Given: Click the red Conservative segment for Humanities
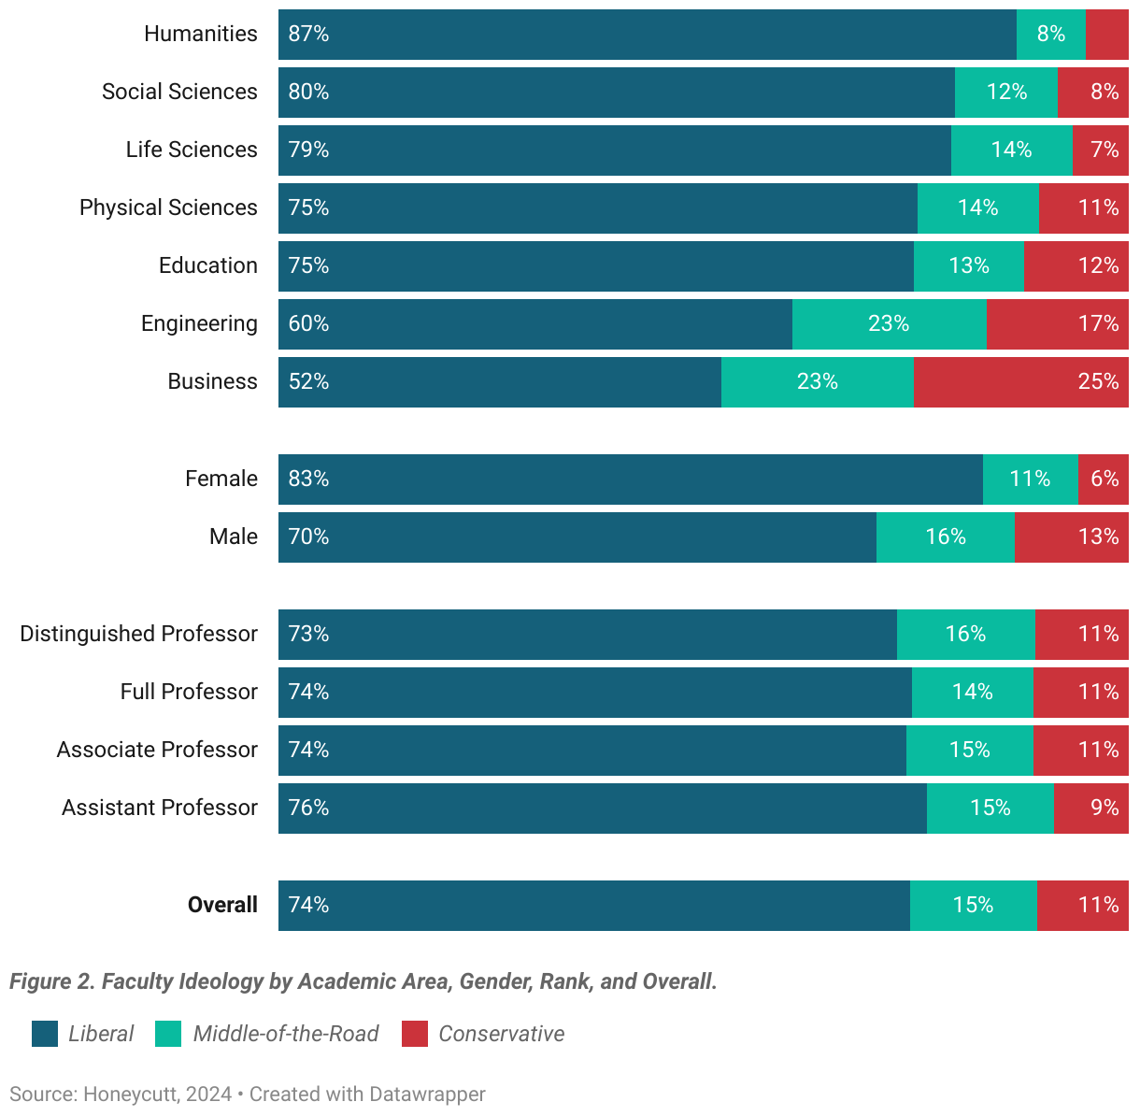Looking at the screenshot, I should (x=1106, y=35).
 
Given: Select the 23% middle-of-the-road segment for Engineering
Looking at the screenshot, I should (x=889, y=324).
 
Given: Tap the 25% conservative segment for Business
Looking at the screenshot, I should (x=1020, y=382).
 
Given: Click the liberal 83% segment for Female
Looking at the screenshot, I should (x=631, y=479).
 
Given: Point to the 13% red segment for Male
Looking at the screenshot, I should (x=1071, y=537).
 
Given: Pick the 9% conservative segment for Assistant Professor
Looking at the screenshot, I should (x=1090, y=808).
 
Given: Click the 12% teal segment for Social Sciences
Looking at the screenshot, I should (x=1005, y=93).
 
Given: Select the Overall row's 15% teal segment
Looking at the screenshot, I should (x=973, y=906).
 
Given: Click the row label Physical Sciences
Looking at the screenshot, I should (x=168, y=207).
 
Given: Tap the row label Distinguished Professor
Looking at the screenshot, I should (x=138, y=634).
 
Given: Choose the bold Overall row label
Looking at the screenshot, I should (x=222, y=905).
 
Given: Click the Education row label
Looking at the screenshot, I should (x=207, y=265).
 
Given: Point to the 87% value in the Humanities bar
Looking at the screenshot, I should (x=308, y=35).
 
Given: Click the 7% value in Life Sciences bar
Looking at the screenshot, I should (x=1104, y=150).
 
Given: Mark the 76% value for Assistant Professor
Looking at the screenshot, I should (x=308, y=808).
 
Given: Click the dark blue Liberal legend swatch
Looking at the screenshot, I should (x=45, y=1034).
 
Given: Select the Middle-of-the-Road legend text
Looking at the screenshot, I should (x=285, y=1034).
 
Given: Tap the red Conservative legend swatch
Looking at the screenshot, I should (x=415, y=1034).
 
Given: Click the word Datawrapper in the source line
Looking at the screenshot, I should (x=427, y=1095).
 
